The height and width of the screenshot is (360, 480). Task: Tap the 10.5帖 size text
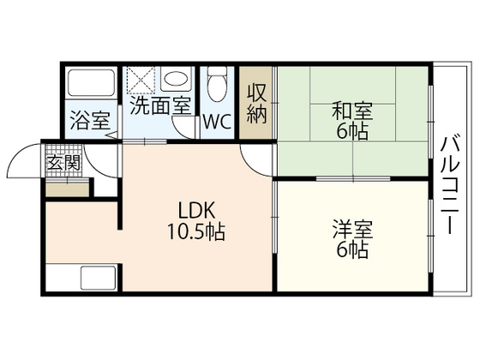click(x=196, y=231)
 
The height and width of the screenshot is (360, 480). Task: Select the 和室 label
click(x=351, y=111)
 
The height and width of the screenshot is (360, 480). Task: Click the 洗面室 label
click(x=160, y=106)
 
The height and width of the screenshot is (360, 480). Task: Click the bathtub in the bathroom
click(x=91, y=84)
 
